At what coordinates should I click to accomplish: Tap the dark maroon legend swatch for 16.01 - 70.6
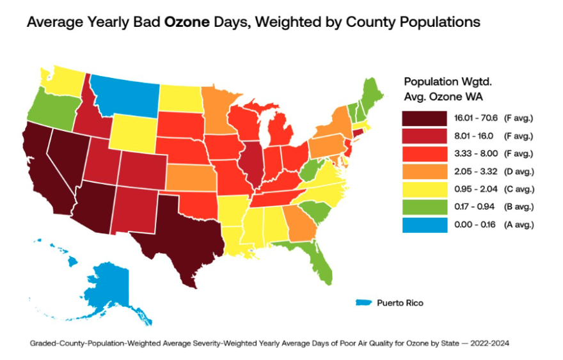[424, 118]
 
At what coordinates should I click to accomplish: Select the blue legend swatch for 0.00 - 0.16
[424, 224]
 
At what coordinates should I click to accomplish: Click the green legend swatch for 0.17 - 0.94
[424, 207]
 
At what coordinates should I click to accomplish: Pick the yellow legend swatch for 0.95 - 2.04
[424, 189]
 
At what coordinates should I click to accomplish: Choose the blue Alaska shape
[109, 281]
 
